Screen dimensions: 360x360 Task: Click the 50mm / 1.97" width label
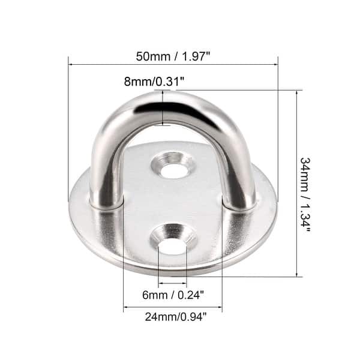(x=173, y=56)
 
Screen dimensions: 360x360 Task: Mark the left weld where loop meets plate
(x=107, y=205)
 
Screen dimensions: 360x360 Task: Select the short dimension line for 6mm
(x=173, y=284)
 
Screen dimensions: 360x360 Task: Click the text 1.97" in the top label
(x=194, y=56)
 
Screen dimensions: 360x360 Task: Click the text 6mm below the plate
(x=154, y=294)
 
